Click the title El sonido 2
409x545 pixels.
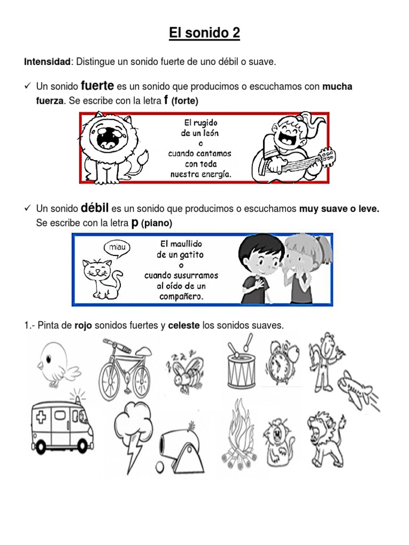point(204,34)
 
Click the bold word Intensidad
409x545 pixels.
point(47,62)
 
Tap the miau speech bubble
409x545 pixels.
point(117,247)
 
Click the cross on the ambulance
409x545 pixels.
point(42,417)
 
